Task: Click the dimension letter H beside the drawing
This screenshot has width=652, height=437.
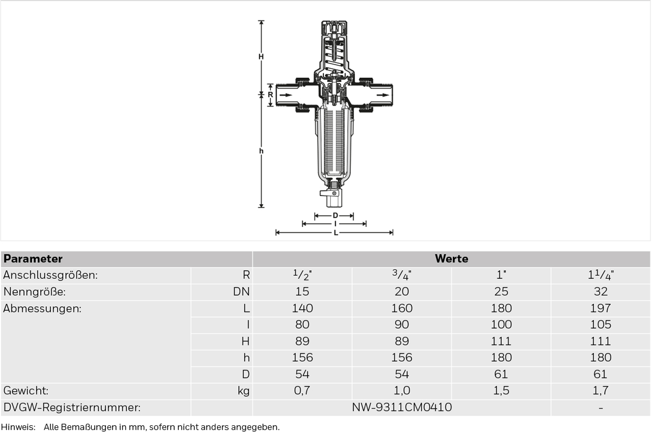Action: point(261,56)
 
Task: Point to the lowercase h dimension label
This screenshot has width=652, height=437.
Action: point(261,151)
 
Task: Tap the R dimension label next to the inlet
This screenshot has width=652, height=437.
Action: point(270,95)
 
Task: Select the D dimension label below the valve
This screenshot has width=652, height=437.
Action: point(335,216)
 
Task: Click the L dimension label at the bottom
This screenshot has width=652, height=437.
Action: point(336,232)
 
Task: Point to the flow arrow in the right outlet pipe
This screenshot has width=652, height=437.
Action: point(383,95)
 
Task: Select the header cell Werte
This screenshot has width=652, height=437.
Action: point(451,259)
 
